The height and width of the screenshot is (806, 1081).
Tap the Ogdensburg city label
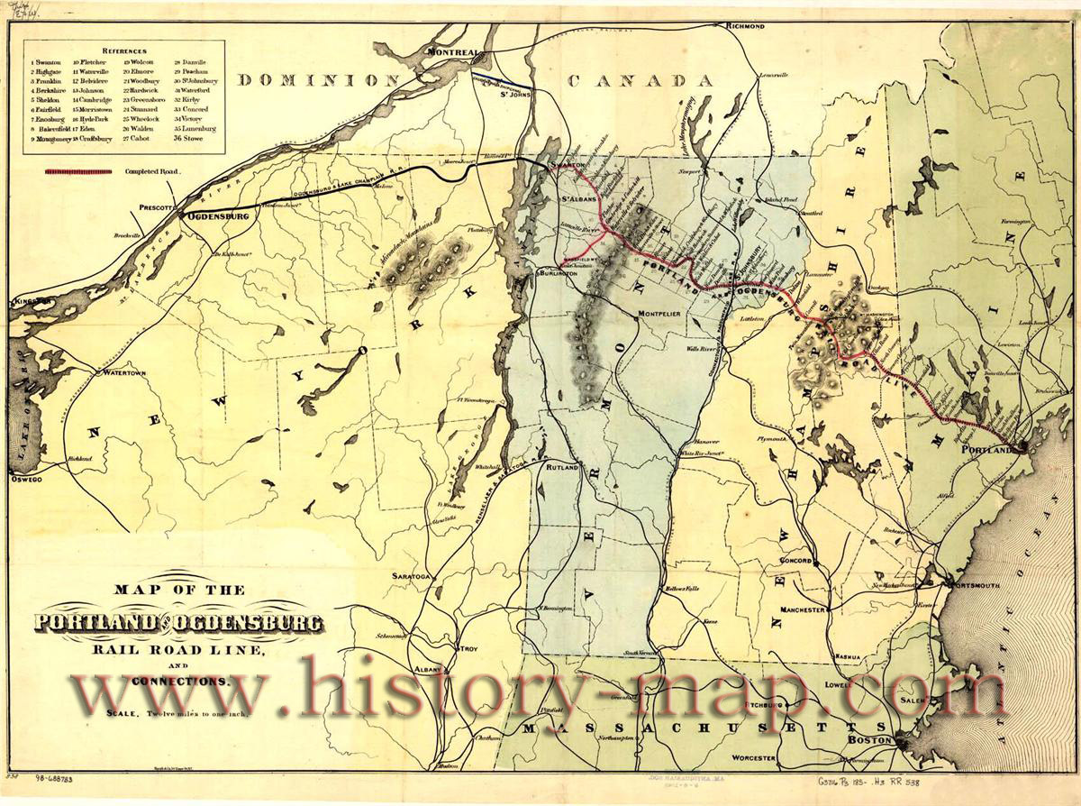(x=218, y=216)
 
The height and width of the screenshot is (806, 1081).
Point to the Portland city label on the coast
(x=992, y=456)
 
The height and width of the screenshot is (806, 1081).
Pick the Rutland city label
(x=559, y=466)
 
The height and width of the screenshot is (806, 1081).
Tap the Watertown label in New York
(x=124, y=371)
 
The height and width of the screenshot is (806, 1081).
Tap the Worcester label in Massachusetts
(x=754, y=758)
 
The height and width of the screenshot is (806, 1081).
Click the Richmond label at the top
(x=743, y=27)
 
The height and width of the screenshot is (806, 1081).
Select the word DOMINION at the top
(x=318, y=80)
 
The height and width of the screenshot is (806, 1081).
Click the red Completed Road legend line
(x=78, y=170)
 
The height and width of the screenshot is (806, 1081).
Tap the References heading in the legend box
(x=124, y=51)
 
